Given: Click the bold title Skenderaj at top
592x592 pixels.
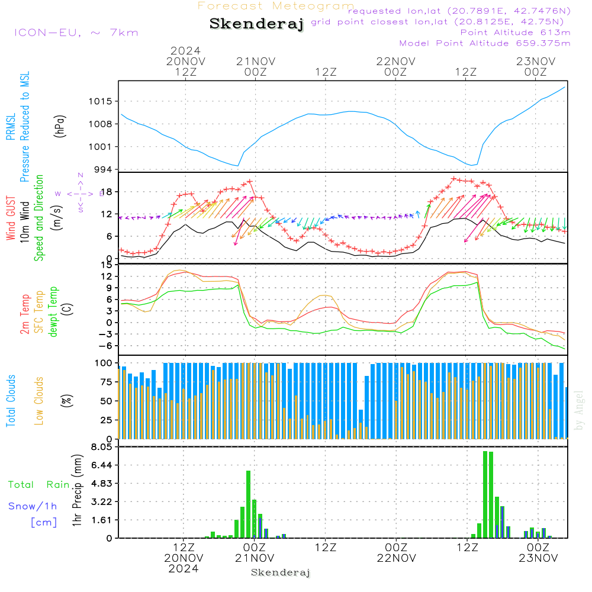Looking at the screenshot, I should click(256, 24).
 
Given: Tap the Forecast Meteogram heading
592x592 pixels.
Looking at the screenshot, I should click(276, 6).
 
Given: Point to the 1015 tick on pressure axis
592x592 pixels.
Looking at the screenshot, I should click(101, 101).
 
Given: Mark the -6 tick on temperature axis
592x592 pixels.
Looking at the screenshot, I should click(104, 346).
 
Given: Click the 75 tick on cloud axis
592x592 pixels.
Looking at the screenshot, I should click(105, 382).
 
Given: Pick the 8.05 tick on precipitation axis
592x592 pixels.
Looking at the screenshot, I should click(101, 447).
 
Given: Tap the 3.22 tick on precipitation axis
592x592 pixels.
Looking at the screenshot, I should click(101, 501).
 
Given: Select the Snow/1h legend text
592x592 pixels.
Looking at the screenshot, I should click(33, 506).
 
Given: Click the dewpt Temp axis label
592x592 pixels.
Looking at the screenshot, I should click(53, 312).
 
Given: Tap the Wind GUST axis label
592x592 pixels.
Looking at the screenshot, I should click(11, 218).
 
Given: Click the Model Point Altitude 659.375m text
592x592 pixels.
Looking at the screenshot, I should click(485, 43).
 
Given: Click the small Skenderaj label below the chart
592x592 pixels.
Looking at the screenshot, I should click(281, 572).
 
